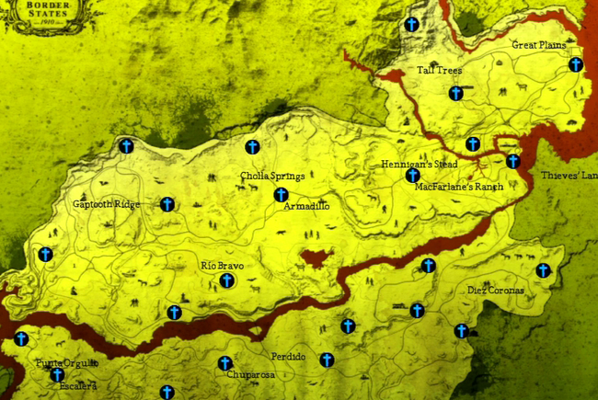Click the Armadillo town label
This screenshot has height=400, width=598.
pyautogui.click(x=307, y=208)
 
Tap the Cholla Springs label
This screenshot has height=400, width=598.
pyautogui.click(x=272, y=176)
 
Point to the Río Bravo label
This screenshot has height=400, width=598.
pyautogui.click(x=222, y=266)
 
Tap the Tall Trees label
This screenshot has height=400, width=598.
pyautogui.click(x=439, y=70)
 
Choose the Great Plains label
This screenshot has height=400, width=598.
pyautogui.click(x=539, y=44)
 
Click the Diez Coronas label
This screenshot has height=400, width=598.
pyautogui.click(x=496, y=291)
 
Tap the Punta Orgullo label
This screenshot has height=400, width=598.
pyautogui.click(x=66, y=363)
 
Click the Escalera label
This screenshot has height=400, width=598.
pyautogui.click(x=78, y=386)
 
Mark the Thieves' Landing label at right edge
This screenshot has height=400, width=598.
pyautogui.click(x=569, y=175)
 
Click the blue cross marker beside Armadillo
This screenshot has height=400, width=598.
pyautogui.click(x=281, y=195)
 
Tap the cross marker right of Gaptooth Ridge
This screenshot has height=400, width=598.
pyautogui.click(x=167, y=204)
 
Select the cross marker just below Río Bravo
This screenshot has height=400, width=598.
pyautogui.click(x=226, y=281)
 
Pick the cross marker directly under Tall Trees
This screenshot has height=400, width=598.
pyautogui.click(x=455, y=93)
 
